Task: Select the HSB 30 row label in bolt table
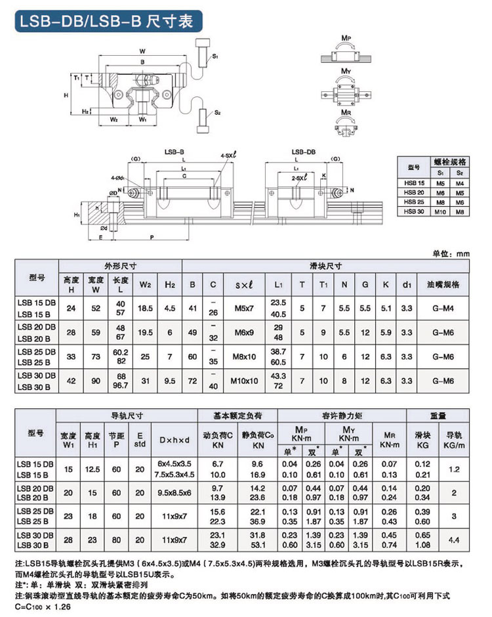pos(413,211)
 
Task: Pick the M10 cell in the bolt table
pos(440,211)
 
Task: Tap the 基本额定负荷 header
pos(237,416)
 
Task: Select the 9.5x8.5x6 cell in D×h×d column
pos(174,494)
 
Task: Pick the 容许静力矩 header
pos(341,416)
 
